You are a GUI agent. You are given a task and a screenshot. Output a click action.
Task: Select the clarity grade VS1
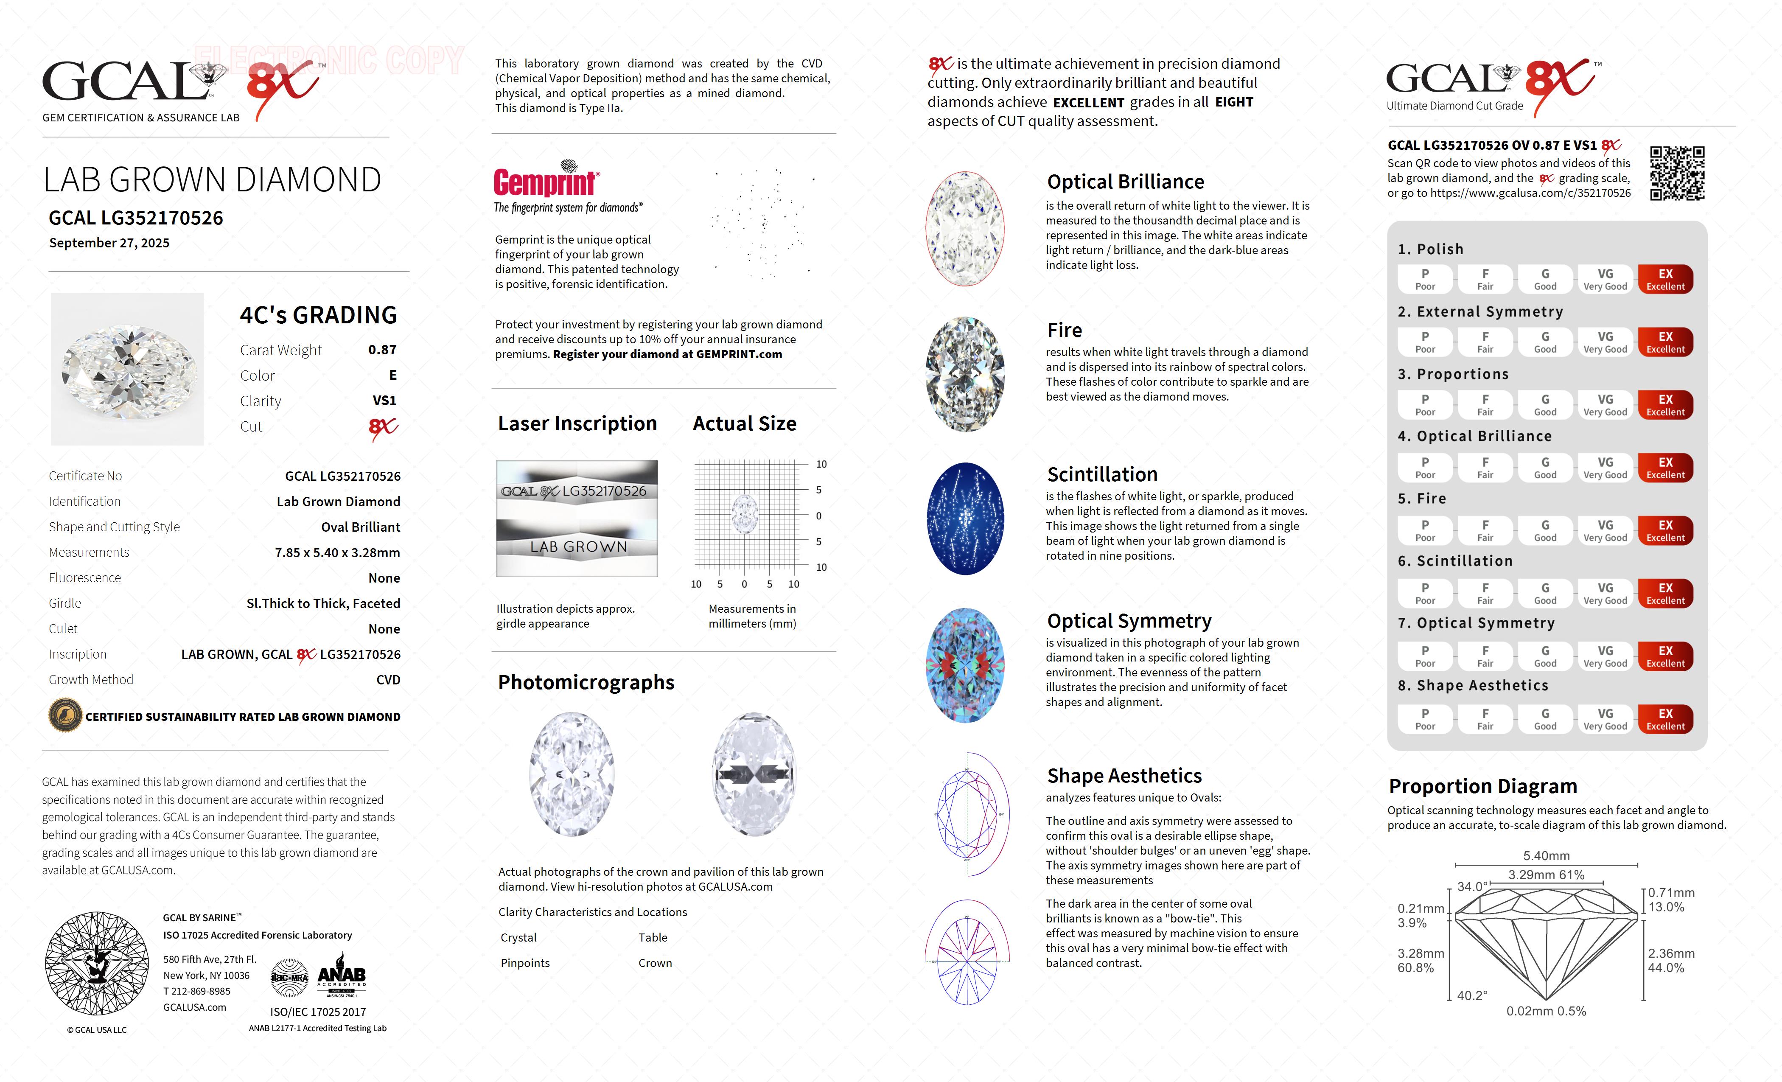point(384,401)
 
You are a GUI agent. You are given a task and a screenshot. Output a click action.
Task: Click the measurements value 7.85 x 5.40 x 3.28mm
point(337,552)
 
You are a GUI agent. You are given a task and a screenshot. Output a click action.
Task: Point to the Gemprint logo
point(546,181)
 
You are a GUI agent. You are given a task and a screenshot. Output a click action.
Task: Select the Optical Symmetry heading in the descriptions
point(1129,621)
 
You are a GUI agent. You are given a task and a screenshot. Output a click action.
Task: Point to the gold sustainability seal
point(65,716)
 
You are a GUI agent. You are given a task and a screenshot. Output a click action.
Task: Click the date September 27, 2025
point(109,243)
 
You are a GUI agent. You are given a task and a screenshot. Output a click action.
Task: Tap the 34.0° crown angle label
point(1472,887)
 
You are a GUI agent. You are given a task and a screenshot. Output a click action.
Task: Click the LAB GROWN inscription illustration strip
point(577,547)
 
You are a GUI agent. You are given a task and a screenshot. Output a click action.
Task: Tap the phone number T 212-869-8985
point(197,992)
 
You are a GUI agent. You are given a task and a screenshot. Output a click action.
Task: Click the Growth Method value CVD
point(388,680)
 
